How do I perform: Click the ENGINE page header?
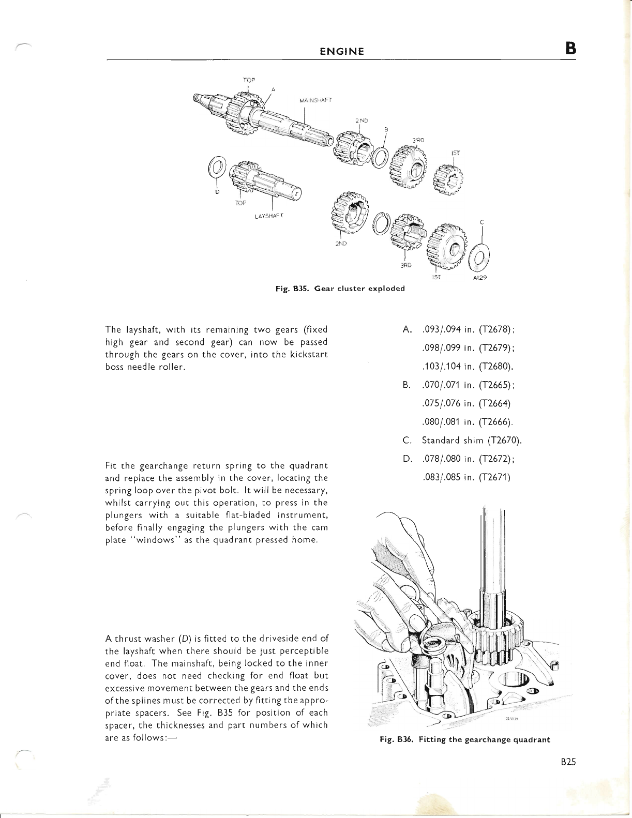[341, 51]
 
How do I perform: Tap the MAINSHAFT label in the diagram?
[315, 100]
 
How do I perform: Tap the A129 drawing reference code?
[480, 277]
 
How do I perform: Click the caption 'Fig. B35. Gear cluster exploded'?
[341, 288]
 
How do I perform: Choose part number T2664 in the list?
[495, 403]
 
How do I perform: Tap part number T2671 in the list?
[495, 477]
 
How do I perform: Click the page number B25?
[567, 762]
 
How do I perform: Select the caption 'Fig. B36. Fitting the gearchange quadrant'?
[465, 739]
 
